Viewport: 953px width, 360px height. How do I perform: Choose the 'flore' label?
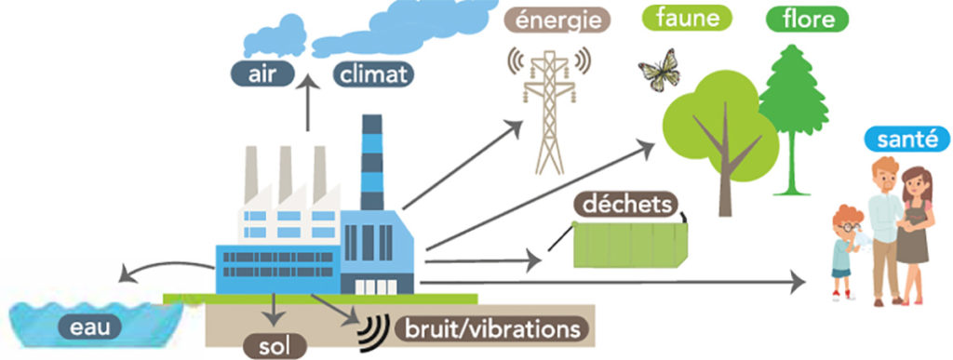coord(807,17)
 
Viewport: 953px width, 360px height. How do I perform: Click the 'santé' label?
coord(906,140)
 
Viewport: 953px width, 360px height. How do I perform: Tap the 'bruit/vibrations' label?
coord(491,327)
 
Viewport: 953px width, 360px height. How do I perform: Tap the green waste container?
coord(638,246)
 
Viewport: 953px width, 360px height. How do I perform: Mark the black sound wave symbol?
coord(373,324)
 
